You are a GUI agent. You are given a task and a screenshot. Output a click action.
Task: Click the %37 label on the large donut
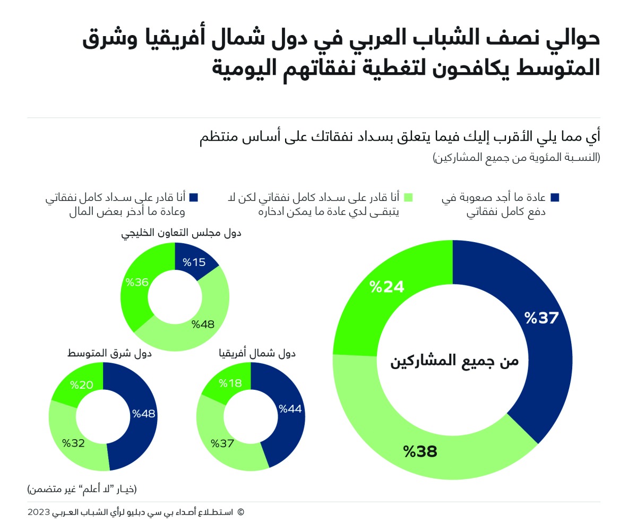(541, 319)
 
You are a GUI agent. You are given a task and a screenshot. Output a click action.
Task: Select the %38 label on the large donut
(419, 452)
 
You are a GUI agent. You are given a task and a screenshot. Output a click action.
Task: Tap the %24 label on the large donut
(387, 287)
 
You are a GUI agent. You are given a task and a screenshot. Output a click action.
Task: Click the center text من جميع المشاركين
(454, 361)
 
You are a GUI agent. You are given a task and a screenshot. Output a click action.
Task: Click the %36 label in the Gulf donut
(136, 282)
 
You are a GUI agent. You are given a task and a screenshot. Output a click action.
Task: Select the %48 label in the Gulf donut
(203, 324)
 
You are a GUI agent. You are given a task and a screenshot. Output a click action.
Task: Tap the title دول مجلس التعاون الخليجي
(181, 233)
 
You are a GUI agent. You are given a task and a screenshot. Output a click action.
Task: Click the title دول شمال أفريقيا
(257, 353)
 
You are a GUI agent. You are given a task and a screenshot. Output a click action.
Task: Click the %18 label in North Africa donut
(230, 383)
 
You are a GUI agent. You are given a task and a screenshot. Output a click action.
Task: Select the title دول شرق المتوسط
(109, 353)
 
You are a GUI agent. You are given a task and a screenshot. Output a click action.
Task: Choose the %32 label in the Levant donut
(74, 443)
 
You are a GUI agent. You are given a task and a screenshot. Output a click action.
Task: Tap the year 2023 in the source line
(38, 512)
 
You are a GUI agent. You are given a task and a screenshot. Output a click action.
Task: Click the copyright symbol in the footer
(240, 512)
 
